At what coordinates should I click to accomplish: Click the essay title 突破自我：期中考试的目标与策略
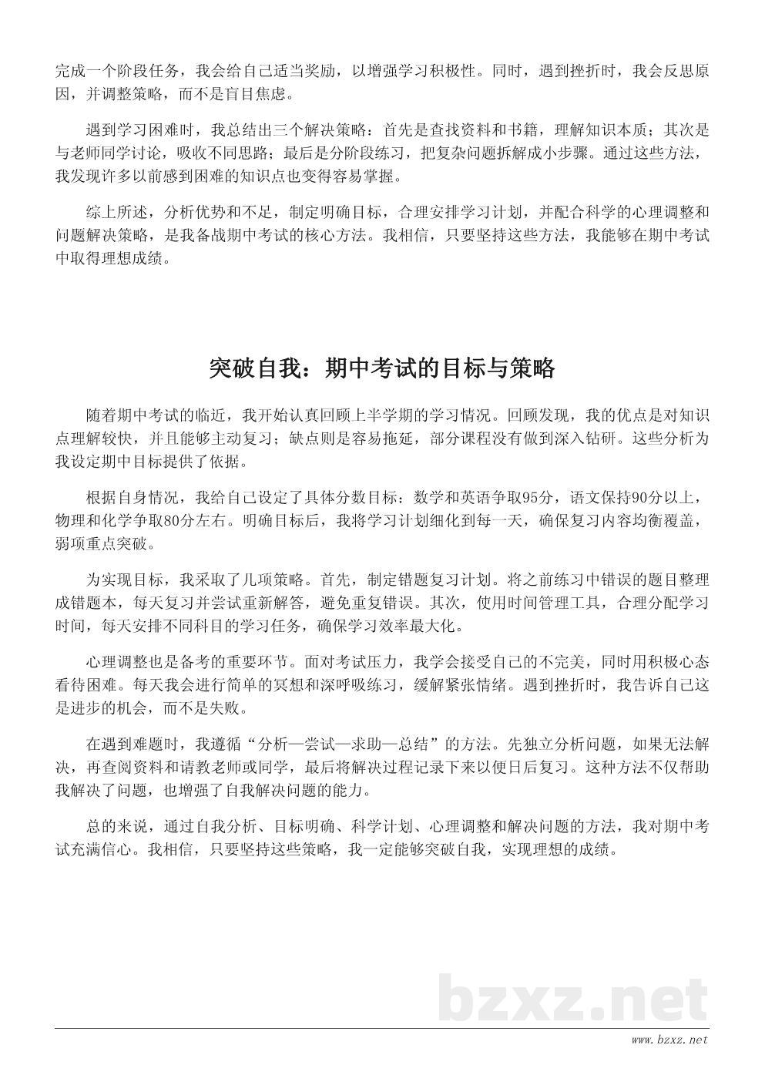coord(382,368)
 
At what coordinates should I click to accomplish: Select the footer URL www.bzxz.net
coord(669,1040)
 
